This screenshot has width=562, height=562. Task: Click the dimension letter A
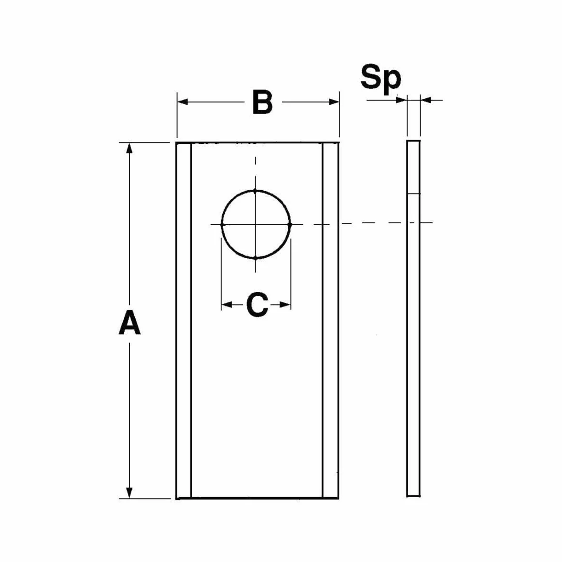[130, 323]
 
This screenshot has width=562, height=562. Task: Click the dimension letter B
[263, 102]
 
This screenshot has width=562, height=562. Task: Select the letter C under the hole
[257, 305]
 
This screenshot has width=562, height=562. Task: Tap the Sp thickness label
[380, 78]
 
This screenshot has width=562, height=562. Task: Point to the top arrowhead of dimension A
[130, 148]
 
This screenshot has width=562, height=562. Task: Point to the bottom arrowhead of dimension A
[130, 493]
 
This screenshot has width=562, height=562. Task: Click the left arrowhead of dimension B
[183, 102]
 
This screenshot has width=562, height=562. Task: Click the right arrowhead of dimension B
[334, 102]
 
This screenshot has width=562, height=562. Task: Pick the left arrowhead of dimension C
[227, 305]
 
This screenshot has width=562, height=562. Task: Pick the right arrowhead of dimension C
[285, 305]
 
